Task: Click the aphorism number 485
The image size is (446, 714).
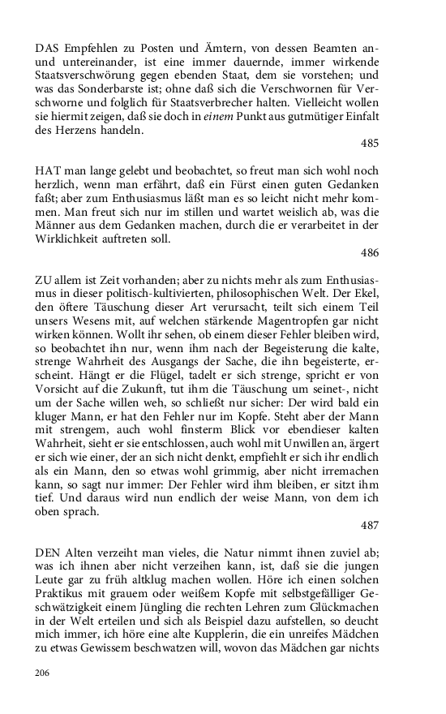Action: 370,143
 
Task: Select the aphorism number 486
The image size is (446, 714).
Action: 370,253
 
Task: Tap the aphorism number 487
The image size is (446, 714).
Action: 370,525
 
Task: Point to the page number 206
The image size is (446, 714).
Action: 43,673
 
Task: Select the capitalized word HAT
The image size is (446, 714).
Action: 48,172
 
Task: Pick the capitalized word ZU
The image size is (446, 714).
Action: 44,282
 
